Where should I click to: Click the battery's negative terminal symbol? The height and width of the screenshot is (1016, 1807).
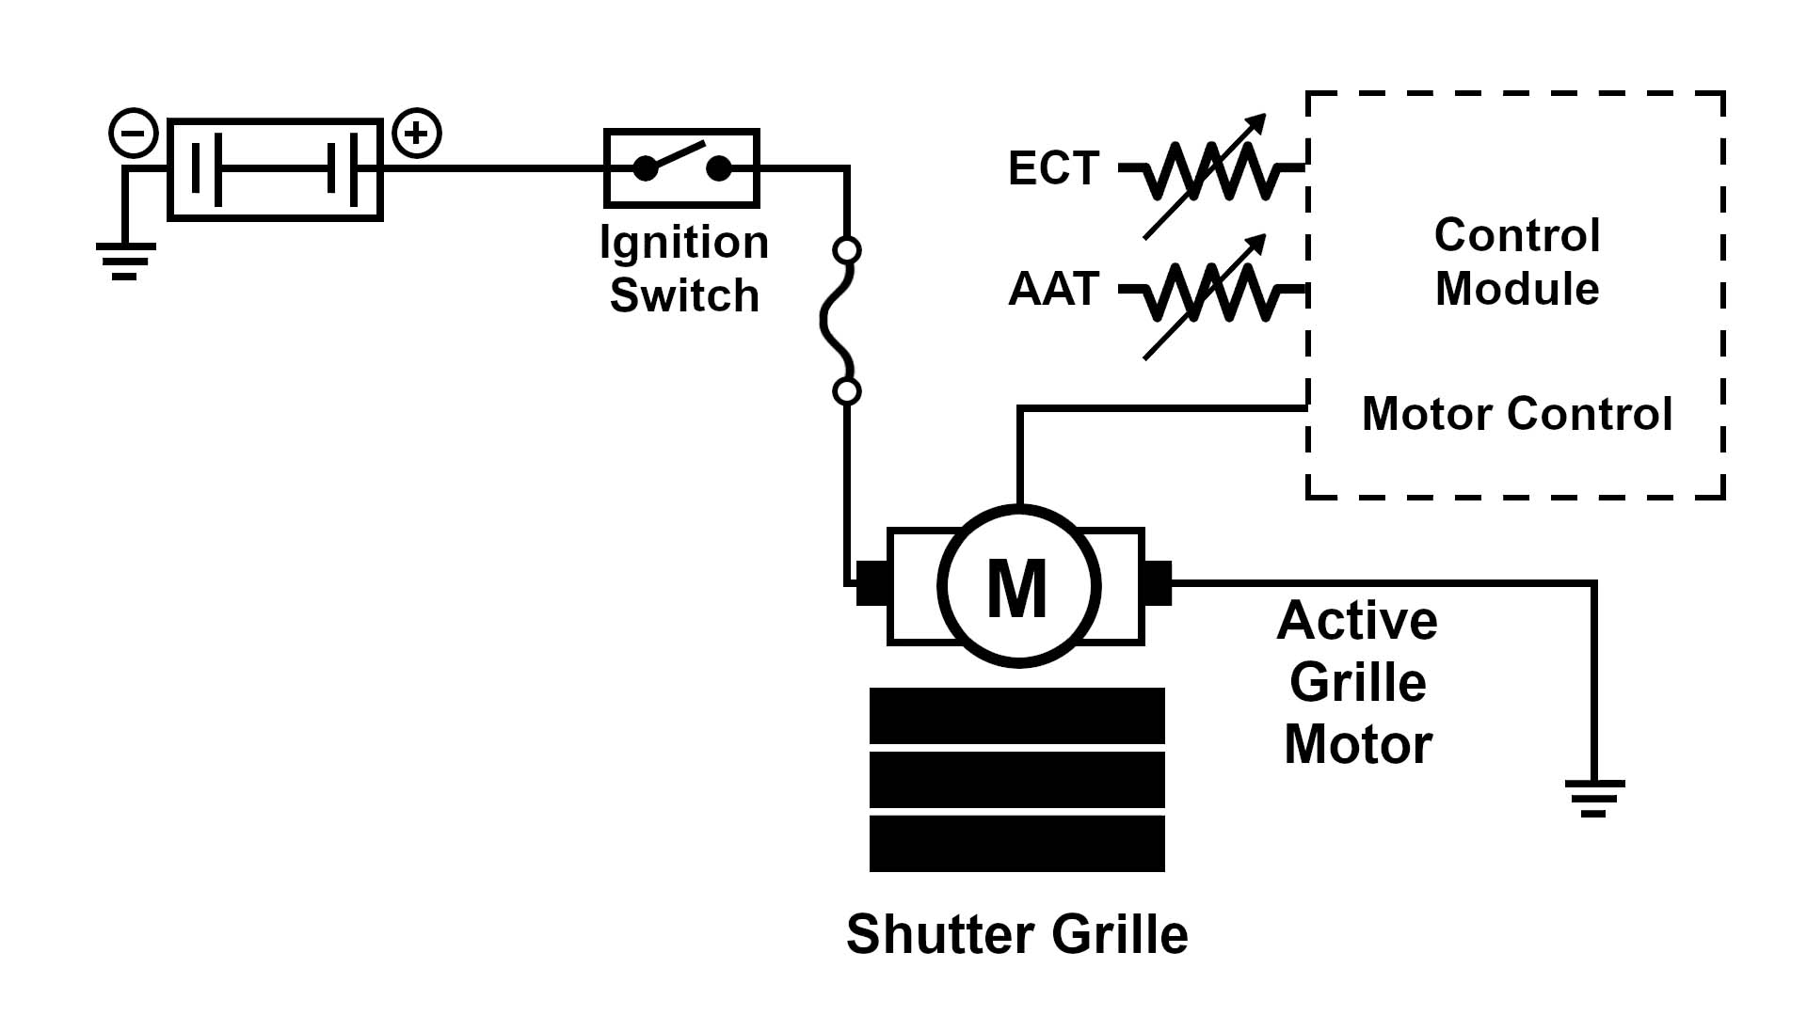(x=134, y=134)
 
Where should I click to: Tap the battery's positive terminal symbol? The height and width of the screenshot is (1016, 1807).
(x=416, y=134)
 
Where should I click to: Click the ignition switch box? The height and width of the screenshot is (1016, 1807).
(x=681, y=168)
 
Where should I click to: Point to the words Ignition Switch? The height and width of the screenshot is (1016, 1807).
(x=684, y=268)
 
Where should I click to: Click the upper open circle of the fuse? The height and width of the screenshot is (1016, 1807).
(x=847, y=250)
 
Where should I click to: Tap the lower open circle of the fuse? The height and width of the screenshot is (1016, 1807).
(x=847, y=391)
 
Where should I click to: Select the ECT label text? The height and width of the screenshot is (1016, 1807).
(x=1053, y=168)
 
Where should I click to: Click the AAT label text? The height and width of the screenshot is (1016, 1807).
(x=1053, y=289)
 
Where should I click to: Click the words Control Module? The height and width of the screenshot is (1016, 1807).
(x=1516, y=262)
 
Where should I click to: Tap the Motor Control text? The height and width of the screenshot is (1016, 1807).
(x=1516, y=414)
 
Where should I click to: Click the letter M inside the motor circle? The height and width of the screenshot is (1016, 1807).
(x=1017, y=588)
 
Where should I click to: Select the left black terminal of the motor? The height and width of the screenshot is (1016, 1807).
(x=871, y=583)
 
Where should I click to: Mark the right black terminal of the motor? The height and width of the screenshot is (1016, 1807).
(x=1158, y=583)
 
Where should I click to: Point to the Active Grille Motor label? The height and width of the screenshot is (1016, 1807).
(x=1357, y=682)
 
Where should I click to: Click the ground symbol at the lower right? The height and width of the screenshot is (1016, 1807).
(x=1594, y=798)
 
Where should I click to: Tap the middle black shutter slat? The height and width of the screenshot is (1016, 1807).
(x=1017, y=779)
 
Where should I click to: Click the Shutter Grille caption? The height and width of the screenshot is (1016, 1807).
(x=1017, y=934)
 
